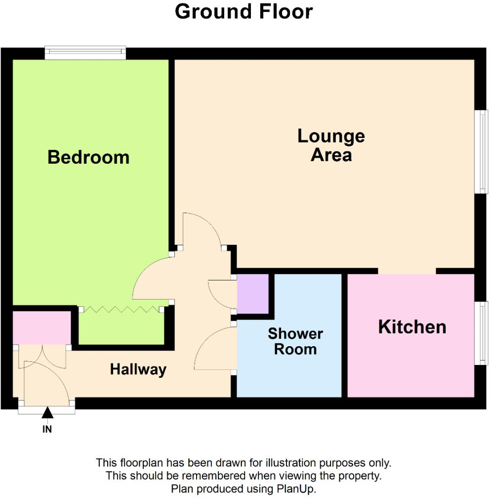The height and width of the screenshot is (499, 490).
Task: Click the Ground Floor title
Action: pyautogui.click(x=244, y=11)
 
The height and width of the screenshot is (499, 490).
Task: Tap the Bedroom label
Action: pyautogui.click(x=88, y=157)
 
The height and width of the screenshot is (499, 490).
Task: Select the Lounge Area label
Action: pyautogui.click(x=331, y=145)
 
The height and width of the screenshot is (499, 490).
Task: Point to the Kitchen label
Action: pyautogui.click(x=412, y=327)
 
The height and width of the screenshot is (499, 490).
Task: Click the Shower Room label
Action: pyautogui.click(x=295, y=341)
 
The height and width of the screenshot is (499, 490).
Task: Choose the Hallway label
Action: pyautogui.click(x=138, y=369)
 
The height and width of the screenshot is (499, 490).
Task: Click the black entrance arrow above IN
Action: pyautogui.click(x=47, y=412)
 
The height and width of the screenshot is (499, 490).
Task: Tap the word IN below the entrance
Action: pyautogui.click(x=47, y=429)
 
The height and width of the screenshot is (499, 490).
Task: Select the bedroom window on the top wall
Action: pyautogui.click(x=85, y=52)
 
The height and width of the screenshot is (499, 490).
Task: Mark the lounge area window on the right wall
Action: pyautogui.click(x=482, y=151)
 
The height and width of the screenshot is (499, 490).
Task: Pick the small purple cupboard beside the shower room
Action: pyautogui.click(x=252, y=293)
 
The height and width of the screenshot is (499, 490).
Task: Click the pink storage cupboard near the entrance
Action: pyautogui.click(x=41, y=327)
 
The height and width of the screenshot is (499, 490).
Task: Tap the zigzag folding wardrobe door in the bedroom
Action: pyautogui.click(x=121, y=310)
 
